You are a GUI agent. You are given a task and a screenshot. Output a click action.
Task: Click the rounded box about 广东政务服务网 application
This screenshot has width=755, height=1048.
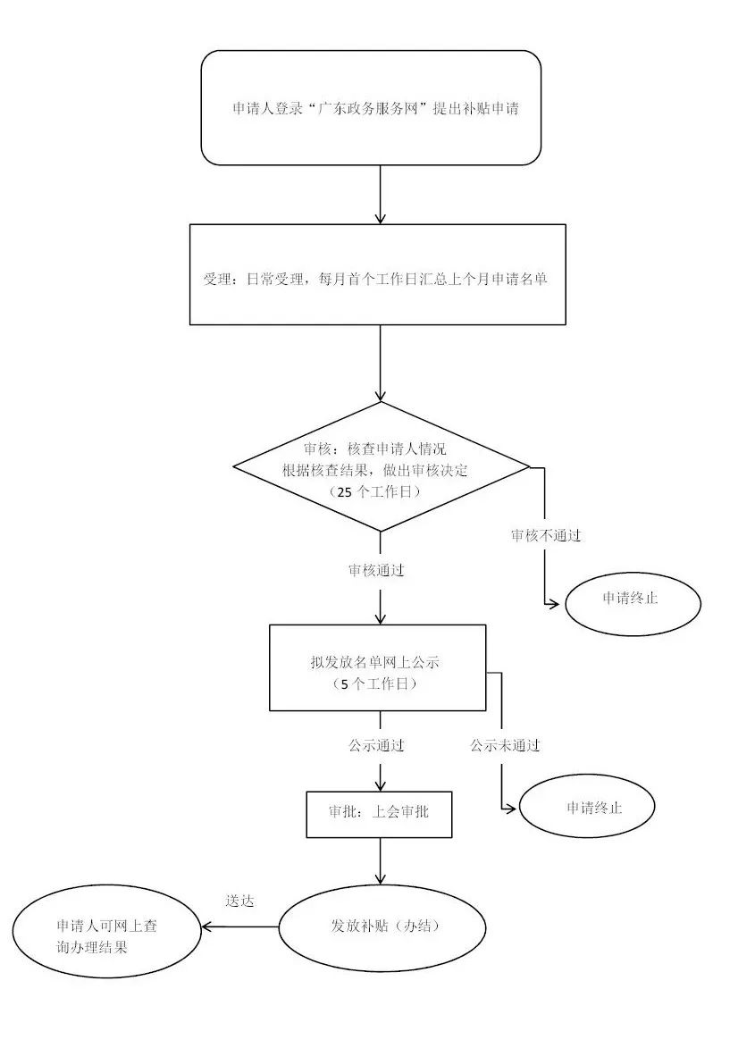[371, 108]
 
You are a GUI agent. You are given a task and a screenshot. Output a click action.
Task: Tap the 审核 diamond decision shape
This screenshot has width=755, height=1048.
[381, 466]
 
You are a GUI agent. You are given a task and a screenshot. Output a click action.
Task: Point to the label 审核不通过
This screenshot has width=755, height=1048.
[546, 535]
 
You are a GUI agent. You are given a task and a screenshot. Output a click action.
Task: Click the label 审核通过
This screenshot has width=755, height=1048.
[376, 570]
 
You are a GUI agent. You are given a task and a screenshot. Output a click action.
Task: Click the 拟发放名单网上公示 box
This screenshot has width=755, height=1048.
[377, 667]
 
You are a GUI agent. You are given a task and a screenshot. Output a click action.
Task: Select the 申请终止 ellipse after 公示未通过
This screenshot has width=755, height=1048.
[587, 808]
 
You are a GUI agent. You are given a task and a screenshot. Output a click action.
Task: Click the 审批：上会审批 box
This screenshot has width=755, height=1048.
[379, 814]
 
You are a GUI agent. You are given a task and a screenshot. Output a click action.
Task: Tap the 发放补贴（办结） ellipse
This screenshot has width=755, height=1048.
[382, 926]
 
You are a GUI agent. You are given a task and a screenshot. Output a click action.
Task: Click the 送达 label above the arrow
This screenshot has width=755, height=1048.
[239, 901]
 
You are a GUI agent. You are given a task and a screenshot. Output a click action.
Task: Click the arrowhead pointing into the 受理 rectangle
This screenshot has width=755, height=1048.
[381, 216]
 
